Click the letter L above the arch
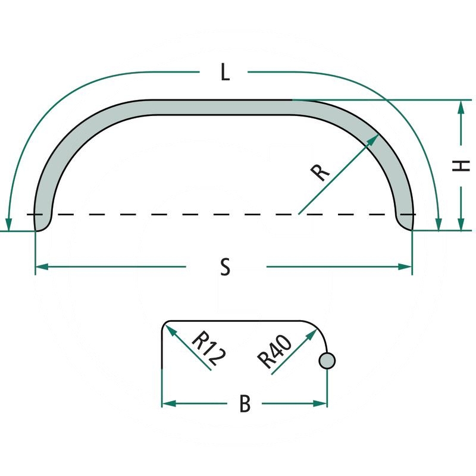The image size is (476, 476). (x=224, y=73)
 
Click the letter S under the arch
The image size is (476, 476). (x=225, y=267)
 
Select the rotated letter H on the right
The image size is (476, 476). (x=458, y=166)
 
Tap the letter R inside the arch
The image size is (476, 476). (x=320, y=171)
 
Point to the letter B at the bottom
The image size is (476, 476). (x=245, y=404)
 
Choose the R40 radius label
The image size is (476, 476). (x=274, y=351)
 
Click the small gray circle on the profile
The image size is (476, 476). (x=327, y=360)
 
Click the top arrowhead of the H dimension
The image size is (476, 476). (x=461, y=107)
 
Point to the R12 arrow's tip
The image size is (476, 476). (x=168, y=328)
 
